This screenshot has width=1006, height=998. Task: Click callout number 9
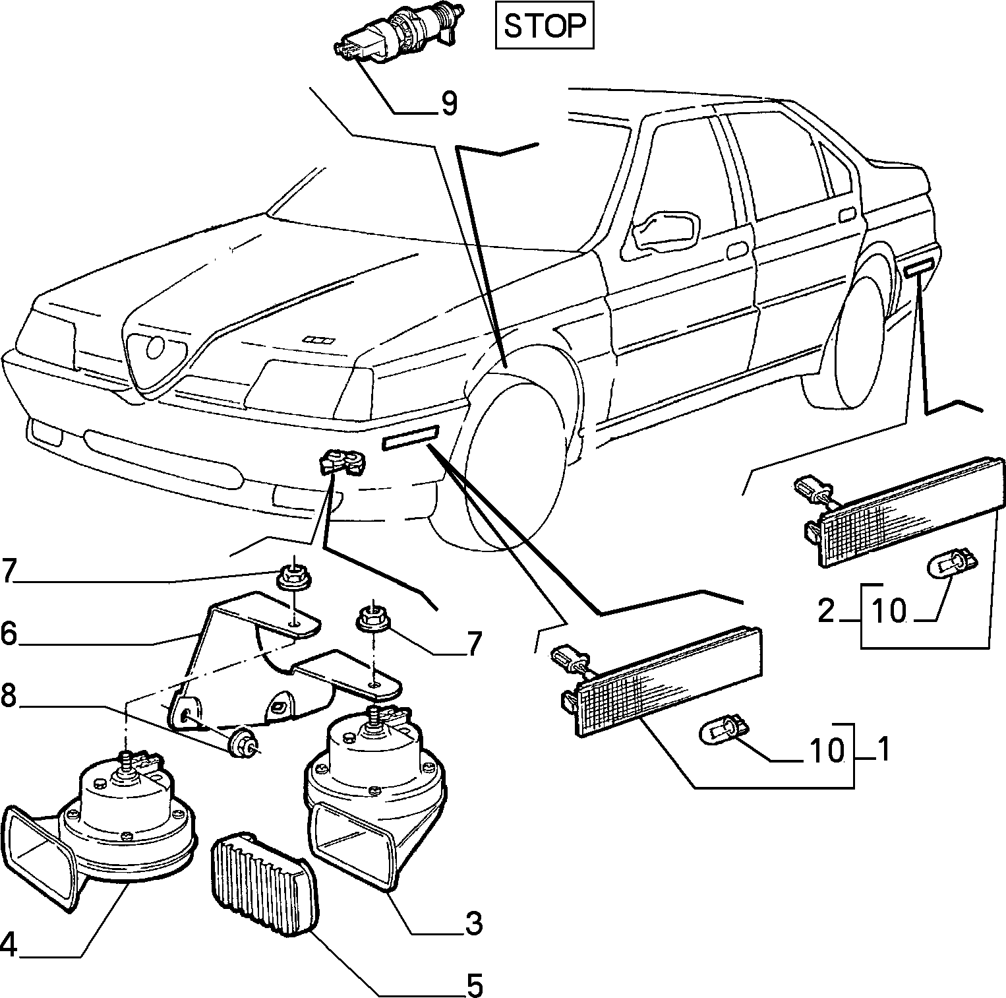pos(449,104)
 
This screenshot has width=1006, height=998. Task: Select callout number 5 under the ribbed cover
pos(475,985)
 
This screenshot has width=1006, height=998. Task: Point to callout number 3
pos(473,923)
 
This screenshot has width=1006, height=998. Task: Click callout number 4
pos(9,946)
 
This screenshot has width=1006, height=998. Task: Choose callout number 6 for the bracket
pos(9,633)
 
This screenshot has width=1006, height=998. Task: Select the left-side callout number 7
pos(8,571)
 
